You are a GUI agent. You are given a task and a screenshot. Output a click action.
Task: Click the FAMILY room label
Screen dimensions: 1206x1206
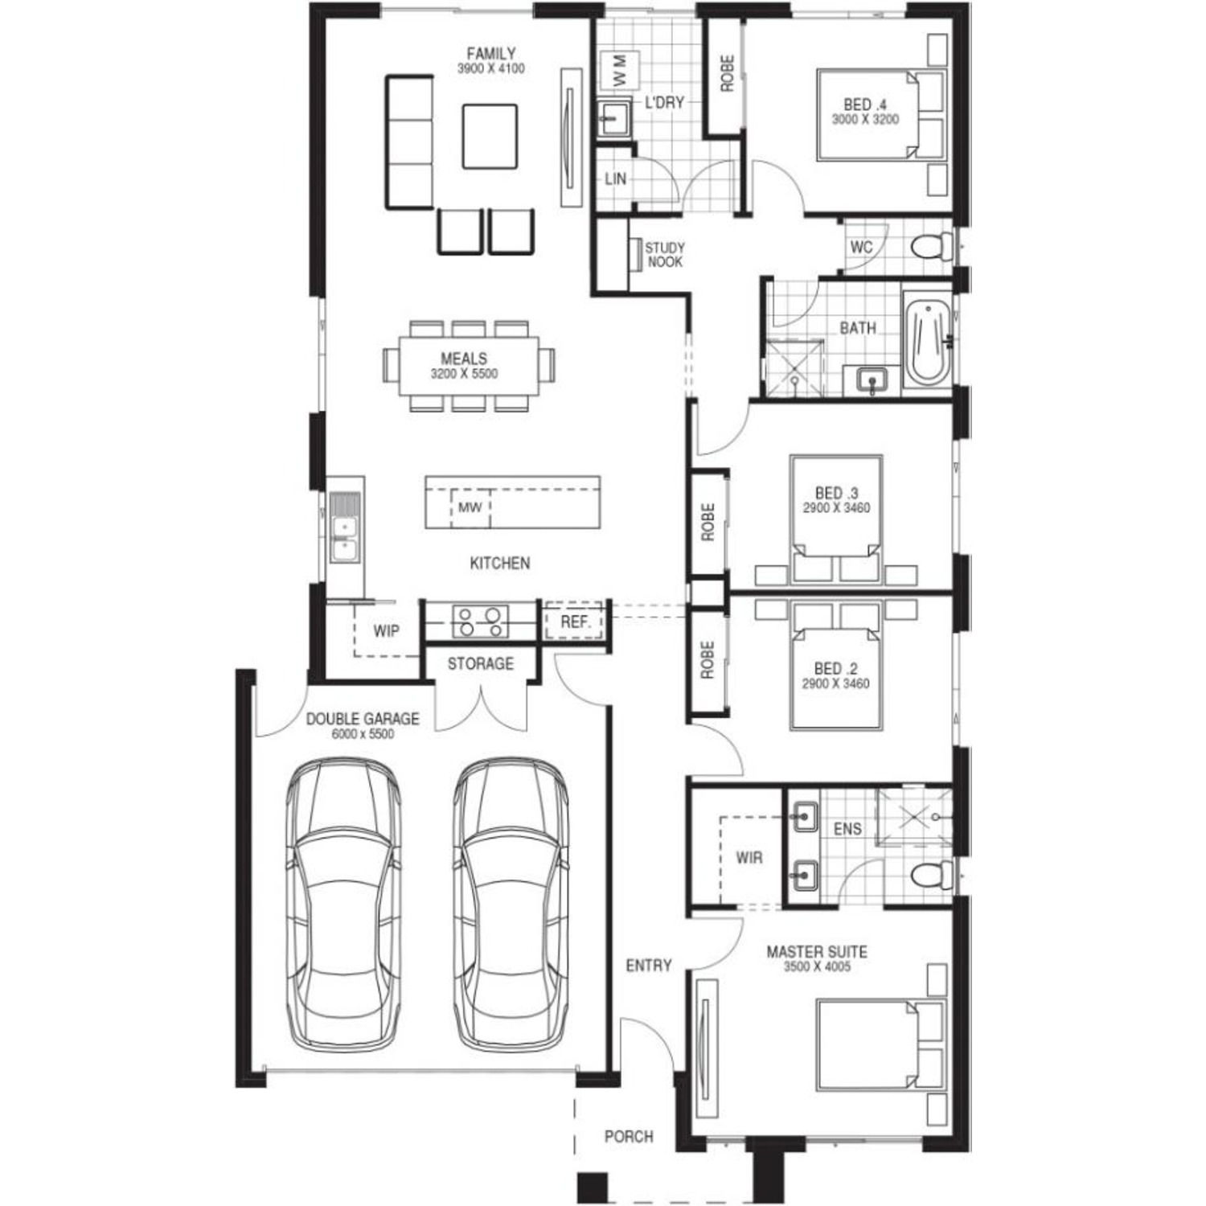tap(491, 54)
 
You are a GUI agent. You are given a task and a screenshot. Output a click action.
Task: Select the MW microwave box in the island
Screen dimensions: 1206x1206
tap(470, 508)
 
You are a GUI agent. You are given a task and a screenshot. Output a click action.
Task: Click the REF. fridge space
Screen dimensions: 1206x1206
tap(575, 621)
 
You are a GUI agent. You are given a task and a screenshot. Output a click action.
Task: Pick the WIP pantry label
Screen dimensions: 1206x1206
tap(386, 631)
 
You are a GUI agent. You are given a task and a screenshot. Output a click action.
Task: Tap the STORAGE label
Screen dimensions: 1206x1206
tap(480, 664)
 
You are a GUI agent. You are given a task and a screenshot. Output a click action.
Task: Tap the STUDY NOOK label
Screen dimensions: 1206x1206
tap(664, 255)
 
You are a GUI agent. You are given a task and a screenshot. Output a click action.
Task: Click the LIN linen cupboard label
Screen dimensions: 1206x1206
tap(615, 179)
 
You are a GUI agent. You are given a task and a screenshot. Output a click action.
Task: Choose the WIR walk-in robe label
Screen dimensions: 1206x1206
tap(749, 858)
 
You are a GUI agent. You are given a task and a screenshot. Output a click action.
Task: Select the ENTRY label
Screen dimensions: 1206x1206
tap(648, 966)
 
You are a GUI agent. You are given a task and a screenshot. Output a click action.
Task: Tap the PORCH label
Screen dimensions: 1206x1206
tap(629, 1137)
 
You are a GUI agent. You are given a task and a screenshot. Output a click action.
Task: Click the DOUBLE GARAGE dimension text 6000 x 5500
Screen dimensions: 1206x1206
tap(363, 734)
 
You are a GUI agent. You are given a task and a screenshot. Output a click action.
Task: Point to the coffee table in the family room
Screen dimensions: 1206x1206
tap(489, 136)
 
